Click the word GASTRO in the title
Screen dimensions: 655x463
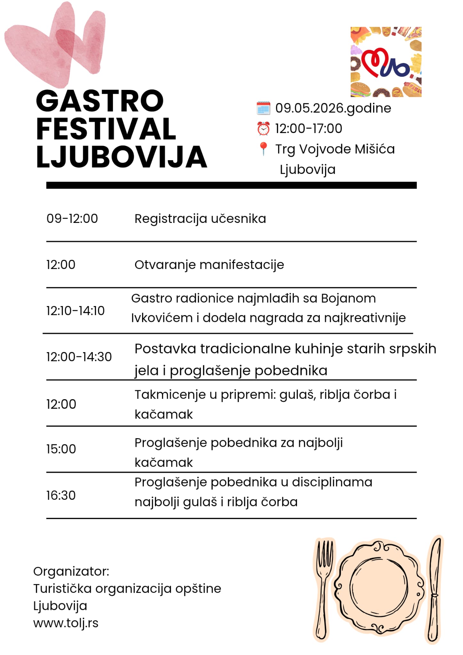pyautogui.click(x=100, y=101)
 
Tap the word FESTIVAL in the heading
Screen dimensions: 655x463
pyautogui.click(x=106, y=129)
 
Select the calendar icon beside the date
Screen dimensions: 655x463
pyautogui.click(x=263, y=108)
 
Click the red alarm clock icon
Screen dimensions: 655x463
pyautogui.click(x=263, y=129)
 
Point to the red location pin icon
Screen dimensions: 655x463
pyautogui.click(x=263, y=149)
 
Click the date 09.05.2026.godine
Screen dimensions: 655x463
pyautogui.click(x=333, y=108)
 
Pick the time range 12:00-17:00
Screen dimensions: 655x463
pyautogui.click(x=308, y=129)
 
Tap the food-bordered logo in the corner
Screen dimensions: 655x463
pyautogui.click(x=386, y=62)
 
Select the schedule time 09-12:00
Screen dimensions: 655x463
pyautogui.click(x=72, y=219)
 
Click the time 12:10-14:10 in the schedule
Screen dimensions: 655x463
pyautogui.click(x=75, y=311)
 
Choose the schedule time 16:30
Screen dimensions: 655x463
pyautogui.click(x=61, y=495)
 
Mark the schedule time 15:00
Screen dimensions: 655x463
pyautogui.click(x=61, y=449)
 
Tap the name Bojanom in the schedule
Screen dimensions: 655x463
pyautogui.click(x=348, y=298)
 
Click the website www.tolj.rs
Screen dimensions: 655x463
pyautogui.click(x=66, y=623)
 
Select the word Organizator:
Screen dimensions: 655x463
pyautogui.click(x=71, y=572)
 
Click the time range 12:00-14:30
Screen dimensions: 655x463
pyautogui.click(x=79, y=357)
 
